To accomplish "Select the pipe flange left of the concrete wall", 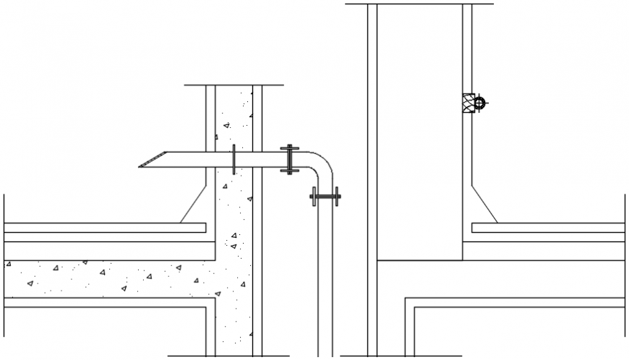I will click(234, 159).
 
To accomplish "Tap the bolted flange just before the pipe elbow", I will click(289, 159).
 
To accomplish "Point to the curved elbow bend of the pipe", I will click(322, 164).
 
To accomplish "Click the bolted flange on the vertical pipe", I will click(325, 195).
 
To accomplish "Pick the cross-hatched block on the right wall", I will click(468, 103).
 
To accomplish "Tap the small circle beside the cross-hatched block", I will click(480, 103).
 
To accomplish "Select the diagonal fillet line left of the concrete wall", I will click(192, 205).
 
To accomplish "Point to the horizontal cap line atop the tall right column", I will click(419, 4).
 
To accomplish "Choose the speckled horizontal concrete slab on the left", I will click(108, 278).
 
